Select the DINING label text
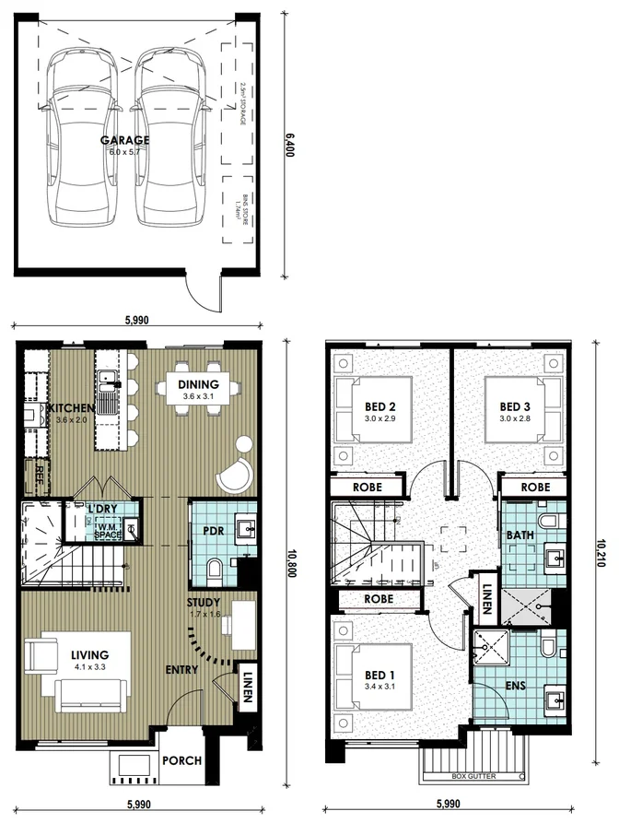tap(198, 384)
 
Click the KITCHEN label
tap(71, 408)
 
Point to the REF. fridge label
tap(40, 474)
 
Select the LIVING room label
tap(90, 655)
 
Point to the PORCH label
tap(182, 761)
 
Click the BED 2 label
tap(380, 406)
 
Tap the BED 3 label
tap(515, 406)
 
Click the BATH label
tap(517, 535)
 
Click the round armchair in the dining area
tap(235, 474)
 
